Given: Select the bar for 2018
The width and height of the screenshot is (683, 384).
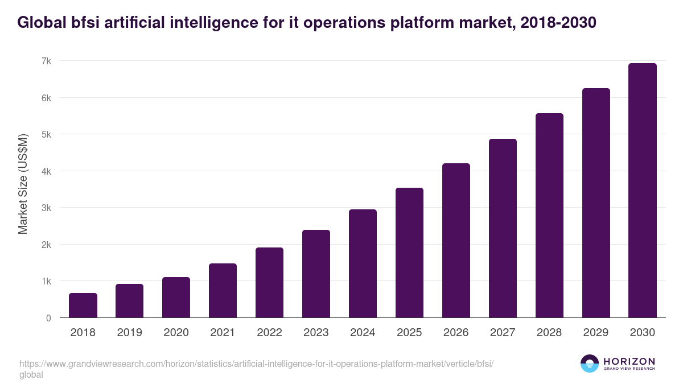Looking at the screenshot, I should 83,305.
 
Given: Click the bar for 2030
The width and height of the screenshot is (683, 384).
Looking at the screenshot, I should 643,191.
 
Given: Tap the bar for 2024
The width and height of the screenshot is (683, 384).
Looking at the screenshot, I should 363,263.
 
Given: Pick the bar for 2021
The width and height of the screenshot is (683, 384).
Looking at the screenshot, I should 223,291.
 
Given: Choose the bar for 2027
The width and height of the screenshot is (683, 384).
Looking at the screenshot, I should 503,228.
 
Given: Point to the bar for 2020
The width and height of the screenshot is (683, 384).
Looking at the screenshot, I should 176,298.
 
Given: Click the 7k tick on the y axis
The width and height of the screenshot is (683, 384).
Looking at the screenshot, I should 46,61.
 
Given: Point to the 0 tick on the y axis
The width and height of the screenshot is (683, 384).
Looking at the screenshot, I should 48,318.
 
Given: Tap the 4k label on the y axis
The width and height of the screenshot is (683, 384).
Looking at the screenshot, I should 46,171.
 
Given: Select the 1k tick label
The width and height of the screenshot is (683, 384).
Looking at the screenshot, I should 46,281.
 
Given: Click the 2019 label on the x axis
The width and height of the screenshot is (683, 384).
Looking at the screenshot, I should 129,333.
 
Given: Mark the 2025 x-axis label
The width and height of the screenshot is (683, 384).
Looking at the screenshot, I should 409,333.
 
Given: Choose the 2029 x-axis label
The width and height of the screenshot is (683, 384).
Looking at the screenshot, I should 596,333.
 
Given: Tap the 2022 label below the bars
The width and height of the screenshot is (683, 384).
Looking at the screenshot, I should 269,333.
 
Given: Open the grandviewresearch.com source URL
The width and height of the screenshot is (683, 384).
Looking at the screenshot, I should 256,364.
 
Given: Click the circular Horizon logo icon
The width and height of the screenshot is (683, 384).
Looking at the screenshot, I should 590,364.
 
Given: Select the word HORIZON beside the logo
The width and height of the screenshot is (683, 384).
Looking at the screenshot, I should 629,361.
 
